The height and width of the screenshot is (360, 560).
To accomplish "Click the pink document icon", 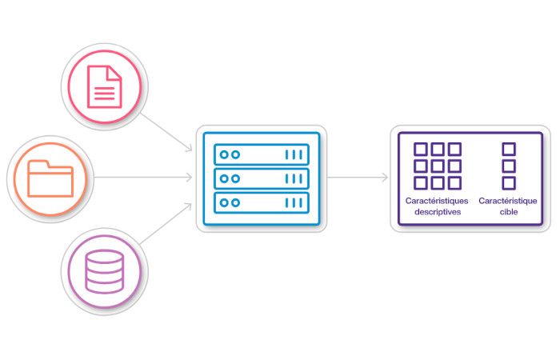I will pos(105,86).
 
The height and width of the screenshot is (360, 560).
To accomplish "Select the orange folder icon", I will pos(50,178).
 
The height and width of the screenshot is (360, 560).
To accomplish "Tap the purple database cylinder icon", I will pos(105,271).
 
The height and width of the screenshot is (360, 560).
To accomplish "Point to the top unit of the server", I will pos(262,154).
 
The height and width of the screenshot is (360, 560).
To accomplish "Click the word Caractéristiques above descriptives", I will pos(433,202).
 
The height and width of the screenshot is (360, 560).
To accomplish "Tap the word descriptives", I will pos(433,212).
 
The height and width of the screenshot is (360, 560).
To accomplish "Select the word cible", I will pos(508,212).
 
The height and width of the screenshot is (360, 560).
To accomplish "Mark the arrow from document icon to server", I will pos(166,130).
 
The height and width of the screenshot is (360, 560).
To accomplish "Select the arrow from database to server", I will pos(166,226).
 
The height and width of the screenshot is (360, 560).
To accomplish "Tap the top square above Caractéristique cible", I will pos(508,149).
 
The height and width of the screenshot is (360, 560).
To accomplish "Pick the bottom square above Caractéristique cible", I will pos(508,183).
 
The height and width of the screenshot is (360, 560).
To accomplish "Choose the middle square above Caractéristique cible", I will pos(508,166).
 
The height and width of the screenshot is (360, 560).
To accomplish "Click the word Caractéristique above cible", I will pos(508,202).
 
